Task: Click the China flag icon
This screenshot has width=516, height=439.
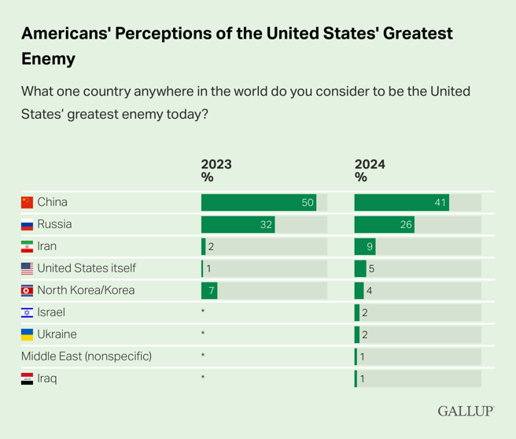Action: pos(28,202)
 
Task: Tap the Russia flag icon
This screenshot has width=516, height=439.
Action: pos(28,224)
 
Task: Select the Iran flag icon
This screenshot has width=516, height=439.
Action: pos(28,246)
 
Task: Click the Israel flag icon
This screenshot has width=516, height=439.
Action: pos(28,312)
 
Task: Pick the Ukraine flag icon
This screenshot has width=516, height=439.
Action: pos(28,334)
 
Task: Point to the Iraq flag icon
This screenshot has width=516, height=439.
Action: pos(28,378)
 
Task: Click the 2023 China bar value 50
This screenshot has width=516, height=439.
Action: pos(308,202)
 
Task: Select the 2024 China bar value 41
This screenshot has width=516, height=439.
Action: pos(440,202)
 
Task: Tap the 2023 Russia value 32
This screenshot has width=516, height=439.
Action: pos(266,224)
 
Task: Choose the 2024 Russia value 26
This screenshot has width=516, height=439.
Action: pos(406,224)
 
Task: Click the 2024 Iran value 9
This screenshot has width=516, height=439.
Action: pos(370,246)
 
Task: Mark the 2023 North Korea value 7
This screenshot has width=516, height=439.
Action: pos(211,290)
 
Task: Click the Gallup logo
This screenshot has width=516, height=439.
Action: pos(466,411)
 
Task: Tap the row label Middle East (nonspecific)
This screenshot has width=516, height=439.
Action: pos(87,356)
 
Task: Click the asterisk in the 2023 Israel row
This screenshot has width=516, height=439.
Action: pos(203,312)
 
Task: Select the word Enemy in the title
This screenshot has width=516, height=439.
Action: pos(48,59)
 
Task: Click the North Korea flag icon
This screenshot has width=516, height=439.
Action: pos(28,290)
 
